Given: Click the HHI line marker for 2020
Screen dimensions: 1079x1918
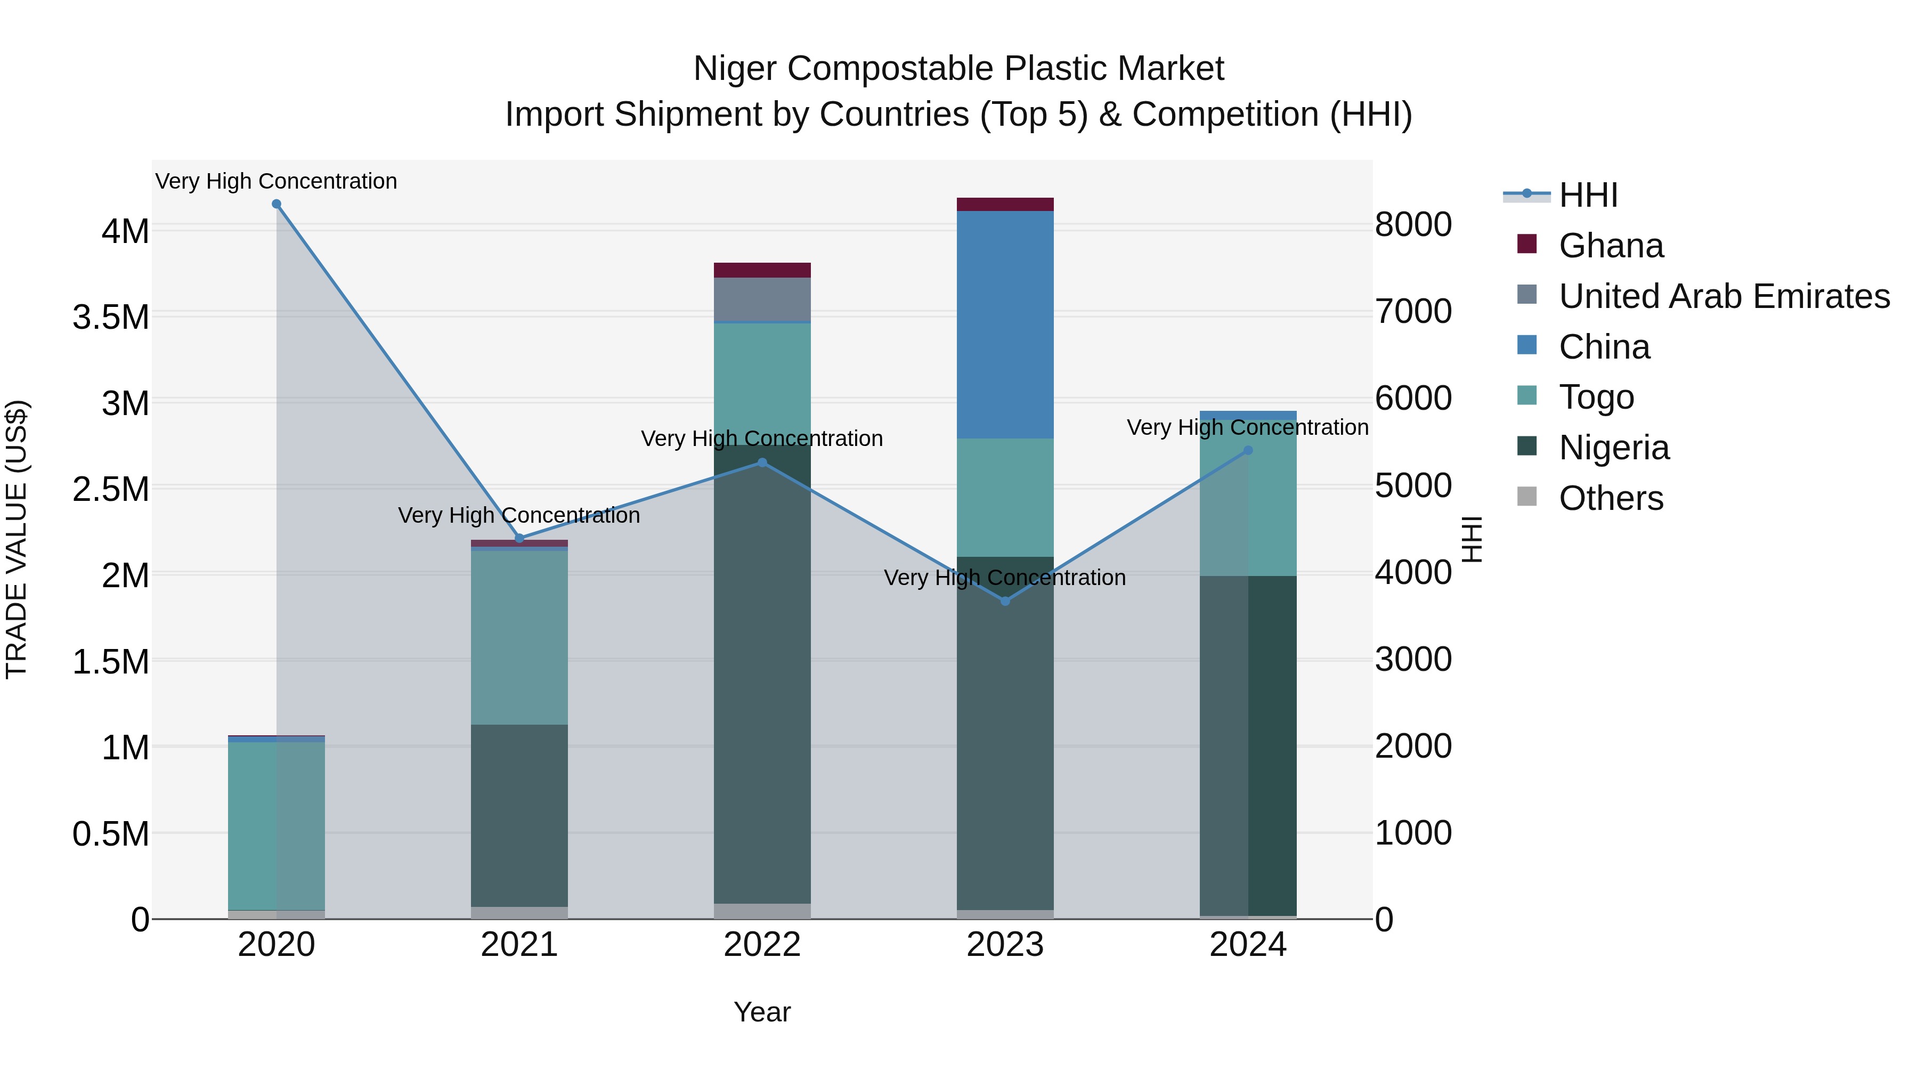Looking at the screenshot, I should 276,204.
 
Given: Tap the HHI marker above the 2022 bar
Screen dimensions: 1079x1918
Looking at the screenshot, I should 762,463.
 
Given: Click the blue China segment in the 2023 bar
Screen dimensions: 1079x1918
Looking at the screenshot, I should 1005,324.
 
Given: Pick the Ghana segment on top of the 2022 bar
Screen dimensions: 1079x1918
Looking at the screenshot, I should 762,270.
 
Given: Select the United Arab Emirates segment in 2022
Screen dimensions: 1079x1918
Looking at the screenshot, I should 762,299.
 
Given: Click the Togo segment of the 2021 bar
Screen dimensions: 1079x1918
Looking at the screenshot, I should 519,637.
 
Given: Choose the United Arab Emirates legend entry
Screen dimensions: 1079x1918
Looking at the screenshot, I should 1723,296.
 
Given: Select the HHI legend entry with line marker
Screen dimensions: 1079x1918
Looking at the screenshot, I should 1588,195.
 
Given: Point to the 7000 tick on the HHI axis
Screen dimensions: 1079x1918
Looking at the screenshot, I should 1412,311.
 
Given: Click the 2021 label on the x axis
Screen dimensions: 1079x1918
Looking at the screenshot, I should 519,945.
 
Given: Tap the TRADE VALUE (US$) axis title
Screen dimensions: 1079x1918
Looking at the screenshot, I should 17,539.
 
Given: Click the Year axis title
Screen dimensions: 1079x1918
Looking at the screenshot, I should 762,1012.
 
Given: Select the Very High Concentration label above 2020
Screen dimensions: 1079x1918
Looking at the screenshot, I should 276,181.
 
